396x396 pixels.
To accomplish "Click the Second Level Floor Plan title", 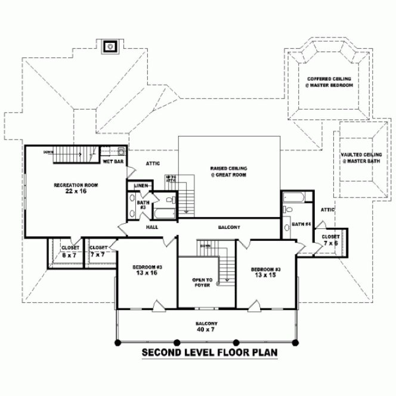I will (210, 352).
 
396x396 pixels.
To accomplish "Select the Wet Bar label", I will (113, 162).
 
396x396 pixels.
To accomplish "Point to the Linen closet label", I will (141, 185).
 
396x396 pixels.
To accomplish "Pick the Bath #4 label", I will (299, 224).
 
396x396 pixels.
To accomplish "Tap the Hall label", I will (151, 227).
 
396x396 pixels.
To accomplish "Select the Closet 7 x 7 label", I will (99, 250).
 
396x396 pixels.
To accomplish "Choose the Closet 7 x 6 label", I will (330, 240).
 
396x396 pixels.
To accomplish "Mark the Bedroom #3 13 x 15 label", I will (265, 272).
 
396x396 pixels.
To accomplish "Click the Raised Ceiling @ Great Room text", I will (228, 172).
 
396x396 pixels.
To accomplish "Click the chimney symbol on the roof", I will (110, 46).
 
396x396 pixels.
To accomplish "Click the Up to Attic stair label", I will (171, 179).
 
